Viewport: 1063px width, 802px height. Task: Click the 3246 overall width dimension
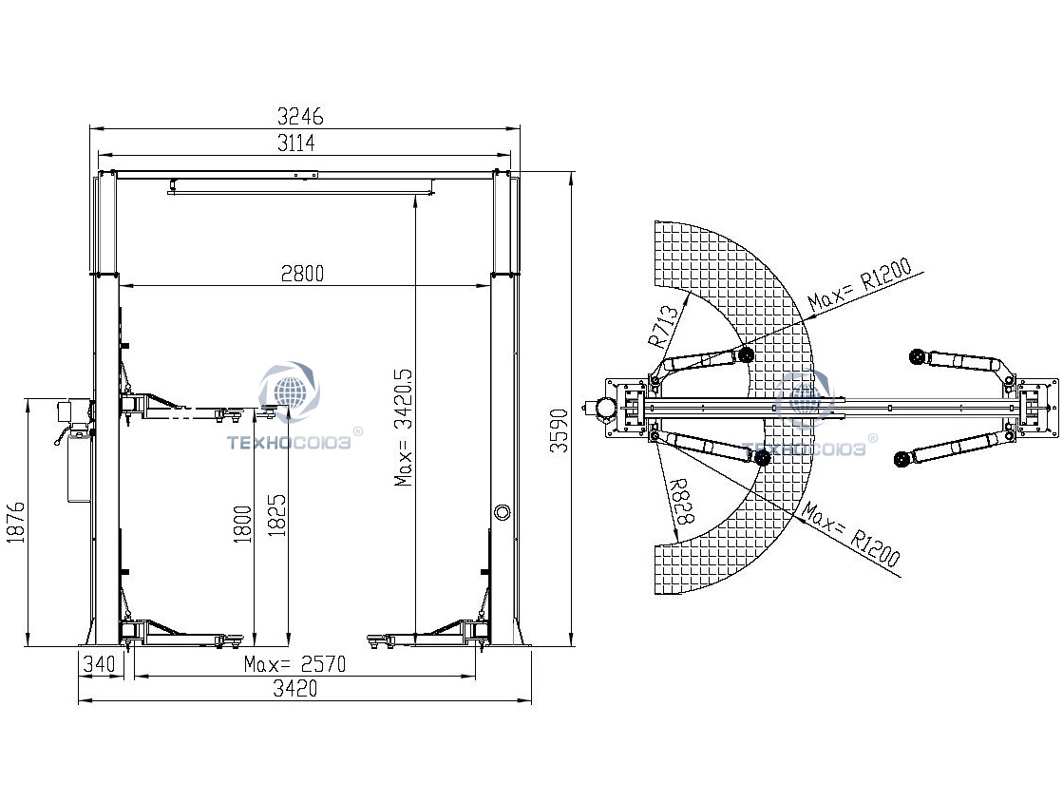tap(300, 117)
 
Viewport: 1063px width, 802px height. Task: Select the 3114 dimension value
tap(296, 143)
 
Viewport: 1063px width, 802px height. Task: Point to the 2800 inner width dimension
tap(302, 274)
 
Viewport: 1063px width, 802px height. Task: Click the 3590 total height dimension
tap(559, 430)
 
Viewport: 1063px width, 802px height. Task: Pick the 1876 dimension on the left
tap(15, 522)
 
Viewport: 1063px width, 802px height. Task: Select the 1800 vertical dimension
tap(242, 524)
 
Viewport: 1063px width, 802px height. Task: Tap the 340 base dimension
tap(99, 663)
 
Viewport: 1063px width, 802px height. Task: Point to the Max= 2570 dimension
tap(294, 663)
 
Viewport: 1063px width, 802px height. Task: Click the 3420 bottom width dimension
tap(294, 689)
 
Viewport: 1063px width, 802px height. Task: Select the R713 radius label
tap(663, 326)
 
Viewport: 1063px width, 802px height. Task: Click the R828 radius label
tap(681, 502)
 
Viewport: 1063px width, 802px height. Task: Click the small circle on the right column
tap(502, 512)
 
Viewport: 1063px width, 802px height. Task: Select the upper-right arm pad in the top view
tap(918, 355)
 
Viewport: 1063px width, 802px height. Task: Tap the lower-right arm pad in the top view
tap(902, 460)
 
